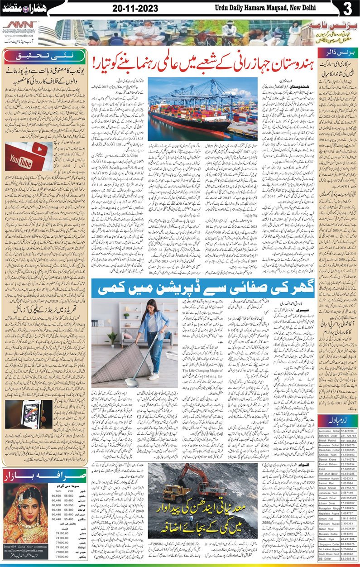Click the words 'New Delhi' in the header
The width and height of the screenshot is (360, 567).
click(x=321, y=9)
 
